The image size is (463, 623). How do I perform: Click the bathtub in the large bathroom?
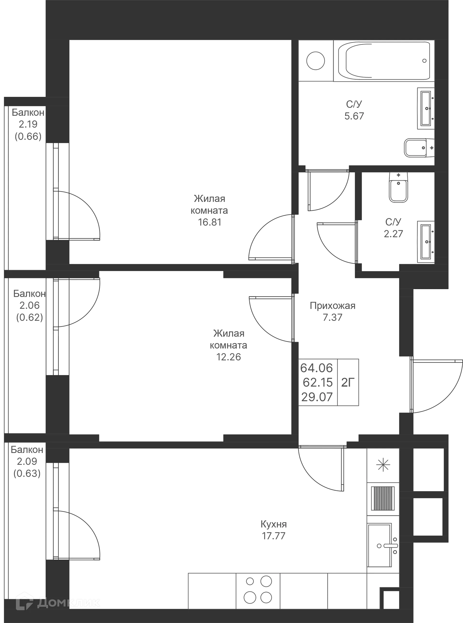tap(384, 61)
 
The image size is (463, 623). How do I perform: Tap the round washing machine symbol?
tap(316, 60)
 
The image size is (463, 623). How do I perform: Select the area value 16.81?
tap(210, 222)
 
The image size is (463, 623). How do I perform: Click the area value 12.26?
tap(228, 357)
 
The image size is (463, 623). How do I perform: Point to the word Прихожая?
tap(332, 305)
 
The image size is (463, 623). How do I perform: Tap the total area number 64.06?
tap(316, 368)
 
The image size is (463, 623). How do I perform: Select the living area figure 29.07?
tap(317, 397)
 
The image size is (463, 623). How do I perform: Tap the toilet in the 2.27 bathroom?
tap(398, 187)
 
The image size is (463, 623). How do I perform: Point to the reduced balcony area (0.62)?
tap(29, 317)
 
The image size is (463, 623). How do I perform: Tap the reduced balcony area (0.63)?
tap(27, 473)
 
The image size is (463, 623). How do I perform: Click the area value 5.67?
tap(354, 116)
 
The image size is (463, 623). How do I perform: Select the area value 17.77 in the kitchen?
tap(273, 536)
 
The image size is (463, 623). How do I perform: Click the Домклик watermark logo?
tap(57, 602)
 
